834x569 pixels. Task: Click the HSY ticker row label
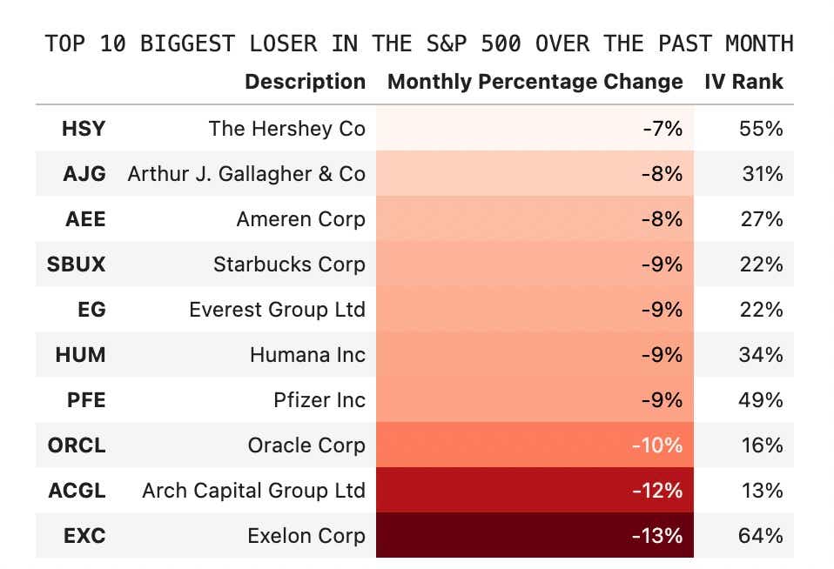click(x=84, y=129)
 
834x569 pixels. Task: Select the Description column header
click(x=305, y=82)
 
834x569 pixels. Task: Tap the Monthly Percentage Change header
click(x=535, y=82)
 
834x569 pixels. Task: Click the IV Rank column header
click(x=743, y=82)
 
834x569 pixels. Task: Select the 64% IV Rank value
click(x=761, y=536)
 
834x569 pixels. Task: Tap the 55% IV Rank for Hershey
click(x=761, y=129)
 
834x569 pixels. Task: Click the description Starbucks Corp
click(x=289, y=264)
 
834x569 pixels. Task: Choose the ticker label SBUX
click(x=77, y=264)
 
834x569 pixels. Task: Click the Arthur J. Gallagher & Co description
click(x=246, y=174)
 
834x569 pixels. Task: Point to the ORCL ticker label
click(x=77, y=445)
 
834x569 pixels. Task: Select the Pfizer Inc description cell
click(x=319, y=400)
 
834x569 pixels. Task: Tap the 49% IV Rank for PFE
click(x=761, y=400)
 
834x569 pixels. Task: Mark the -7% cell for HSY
click(x=662, y=129)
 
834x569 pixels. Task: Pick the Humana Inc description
click(x=307, y=355)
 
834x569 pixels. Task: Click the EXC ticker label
click(x=84, y=536)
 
